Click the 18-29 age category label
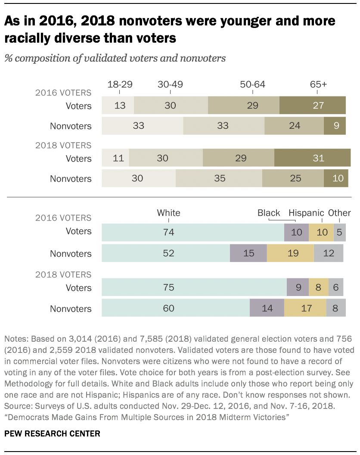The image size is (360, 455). point(120,84)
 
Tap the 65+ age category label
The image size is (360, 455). point(318,84)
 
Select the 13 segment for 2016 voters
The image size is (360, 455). point(118,106)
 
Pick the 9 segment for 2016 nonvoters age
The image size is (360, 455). point(335,126)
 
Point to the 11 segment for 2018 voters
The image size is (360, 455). point(115,159)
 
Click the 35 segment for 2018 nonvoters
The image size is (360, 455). point(219,178)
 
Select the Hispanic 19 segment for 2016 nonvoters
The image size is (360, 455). point(290,253)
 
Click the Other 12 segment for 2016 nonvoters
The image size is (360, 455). point(329,253)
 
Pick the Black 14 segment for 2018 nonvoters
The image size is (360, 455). point(267,308)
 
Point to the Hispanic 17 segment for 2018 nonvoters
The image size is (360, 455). point(305,308)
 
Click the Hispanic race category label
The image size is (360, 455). point(306,213)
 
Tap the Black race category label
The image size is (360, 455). point(269,213)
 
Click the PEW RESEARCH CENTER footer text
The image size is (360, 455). point(53,433)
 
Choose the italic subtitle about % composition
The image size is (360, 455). point(115,58)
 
